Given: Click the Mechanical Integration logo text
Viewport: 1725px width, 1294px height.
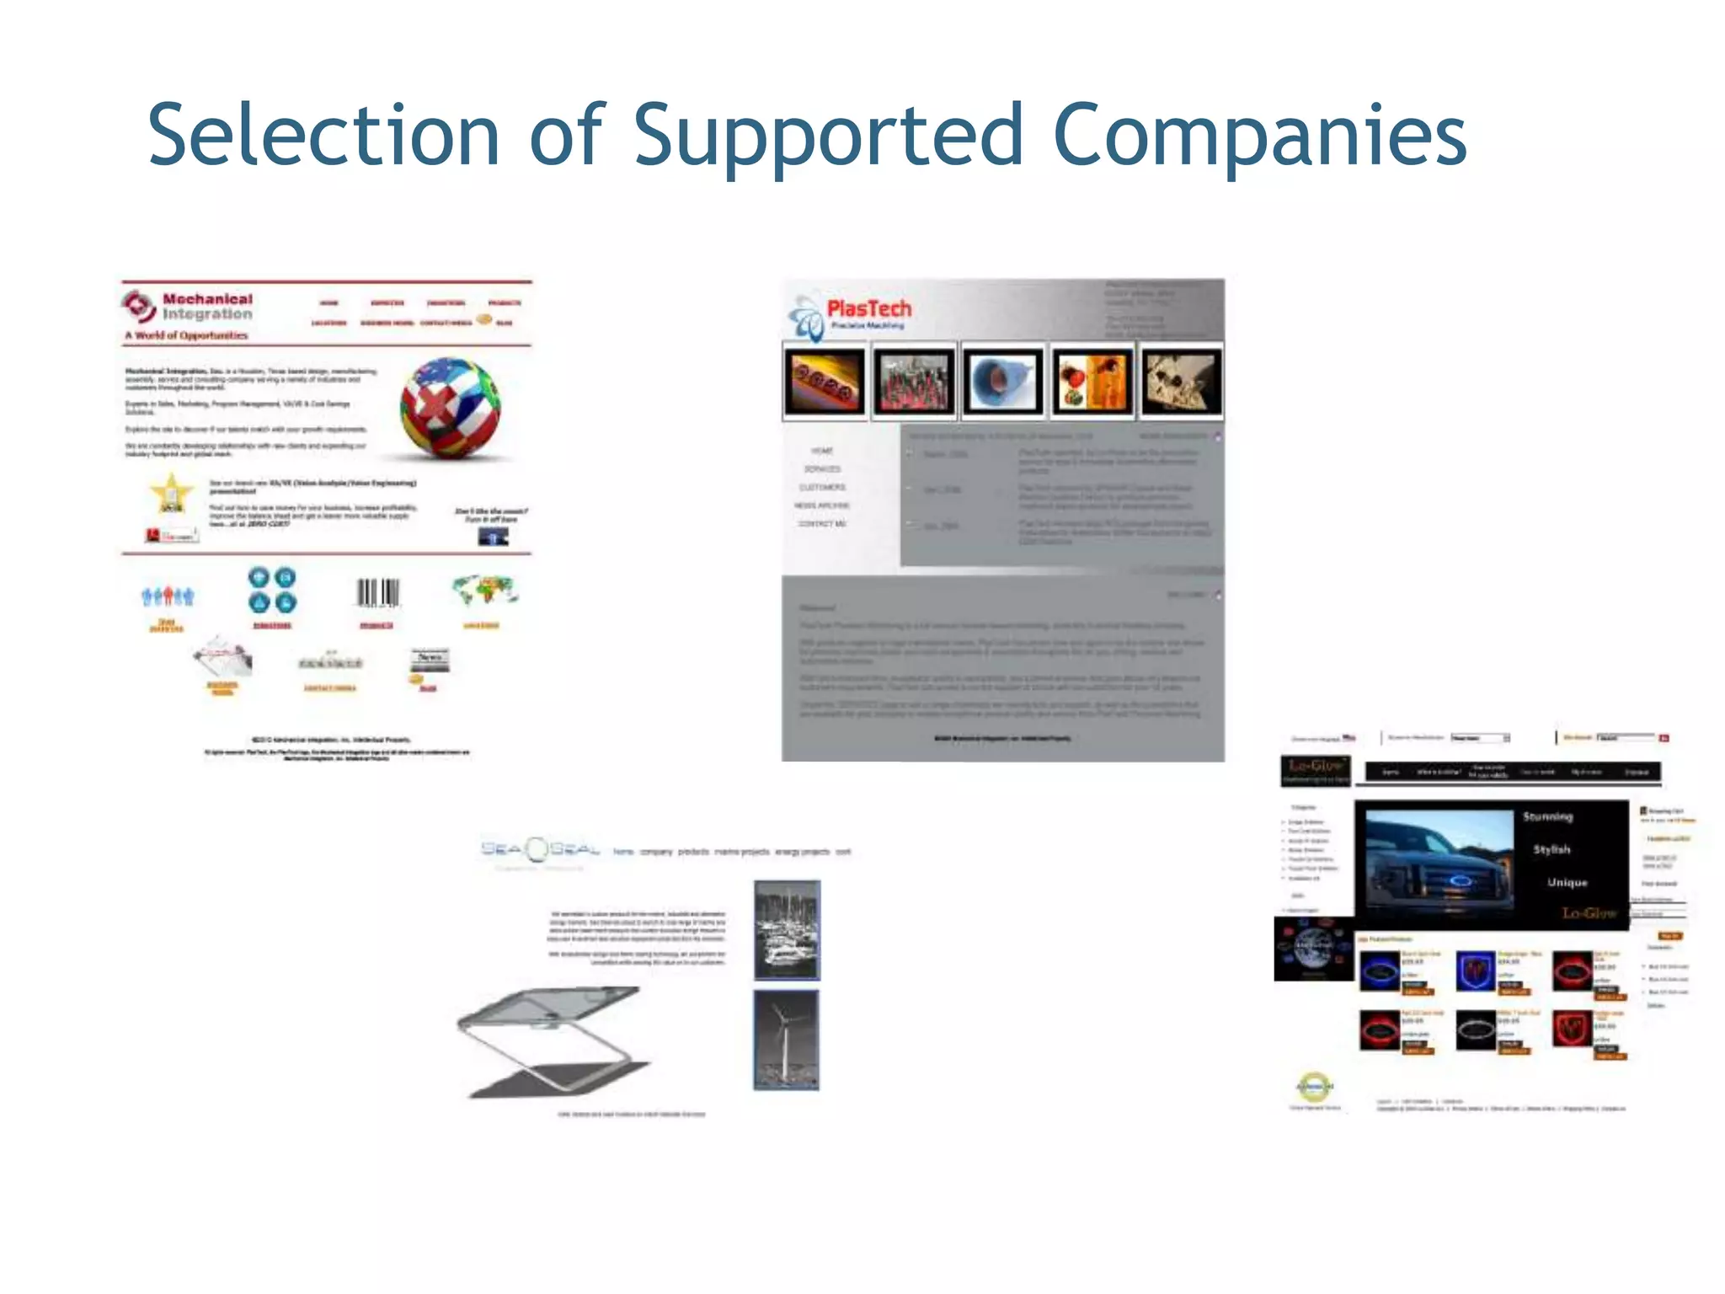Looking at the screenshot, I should (207, 307).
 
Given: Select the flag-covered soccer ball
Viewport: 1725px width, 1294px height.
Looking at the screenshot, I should (450, 408).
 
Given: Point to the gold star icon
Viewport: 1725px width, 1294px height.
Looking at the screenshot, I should (171, 493).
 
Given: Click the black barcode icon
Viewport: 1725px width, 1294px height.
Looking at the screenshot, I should (377, 592).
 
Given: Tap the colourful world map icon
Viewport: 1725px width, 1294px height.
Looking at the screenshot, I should (484, 590).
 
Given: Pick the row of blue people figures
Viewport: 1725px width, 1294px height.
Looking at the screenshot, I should (167, 596).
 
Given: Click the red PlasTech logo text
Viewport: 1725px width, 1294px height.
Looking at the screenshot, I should (868, 308).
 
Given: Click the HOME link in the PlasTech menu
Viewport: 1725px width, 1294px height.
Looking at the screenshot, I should (822, 451).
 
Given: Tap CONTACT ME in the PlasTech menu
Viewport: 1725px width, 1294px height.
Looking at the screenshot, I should (822, 524).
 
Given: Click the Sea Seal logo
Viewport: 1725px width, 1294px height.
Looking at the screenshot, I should (539, 849).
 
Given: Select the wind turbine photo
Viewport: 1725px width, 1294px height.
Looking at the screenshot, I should (786, 1040).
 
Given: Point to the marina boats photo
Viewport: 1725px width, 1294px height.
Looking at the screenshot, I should (787, 929).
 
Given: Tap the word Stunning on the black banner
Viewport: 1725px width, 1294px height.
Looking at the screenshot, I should (1547, 816).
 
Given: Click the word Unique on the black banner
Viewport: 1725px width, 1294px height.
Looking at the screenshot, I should (1567, 882).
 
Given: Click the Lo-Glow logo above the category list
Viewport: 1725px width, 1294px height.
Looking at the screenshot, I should (1315, 767).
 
